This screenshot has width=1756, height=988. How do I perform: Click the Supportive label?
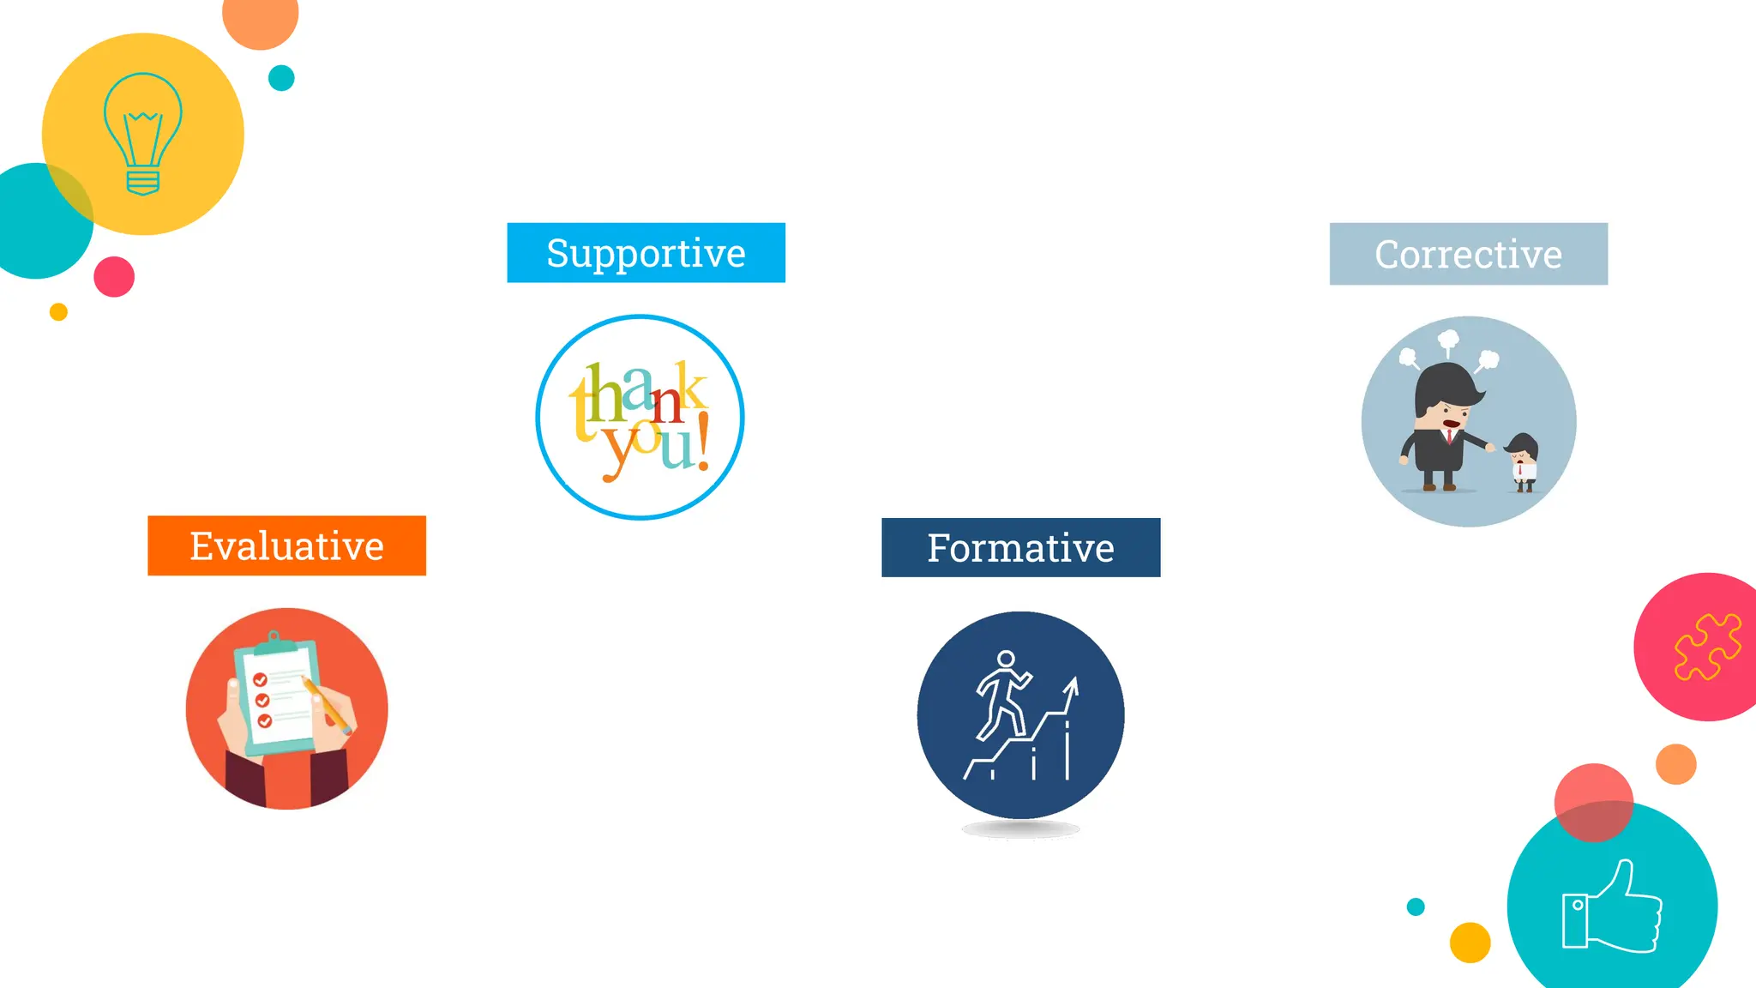[x=646, y=253]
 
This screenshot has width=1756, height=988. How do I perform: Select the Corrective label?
[x=1468, y=254]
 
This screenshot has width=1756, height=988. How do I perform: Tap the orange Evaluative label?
[x=286, y=546]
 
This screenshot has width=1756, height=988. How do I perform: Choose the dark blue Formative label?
[x=1020, y=548]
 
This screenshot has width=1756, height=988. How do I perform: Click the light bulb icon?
[x=142, y=134]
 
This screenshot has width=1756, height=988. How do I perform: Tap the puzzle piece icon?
[x=1706, y=648]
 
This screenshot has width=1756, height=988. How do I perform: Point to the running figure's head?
[x=1006, y=660]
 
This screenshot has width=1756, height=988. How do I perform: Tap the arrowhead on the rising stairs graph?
[x=1072, y=686]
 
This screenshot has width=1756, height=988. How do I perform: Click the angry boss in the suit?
[x=1445, y=425]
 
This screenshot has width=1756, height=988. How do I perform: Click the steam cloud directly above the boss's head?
[x=1448, y=341]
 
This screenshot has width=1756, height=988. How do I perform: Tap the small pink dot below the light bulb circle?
[x=114, y=276]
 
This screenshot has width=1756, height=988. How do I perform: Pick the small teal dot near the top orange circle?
[x=281, y=78]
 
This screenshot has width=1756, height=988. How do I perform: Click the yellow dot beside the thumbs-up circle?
[x=1470, y=943]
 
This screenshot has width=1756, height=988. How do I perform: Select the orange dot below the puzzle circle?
[x=1675, y=764]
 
